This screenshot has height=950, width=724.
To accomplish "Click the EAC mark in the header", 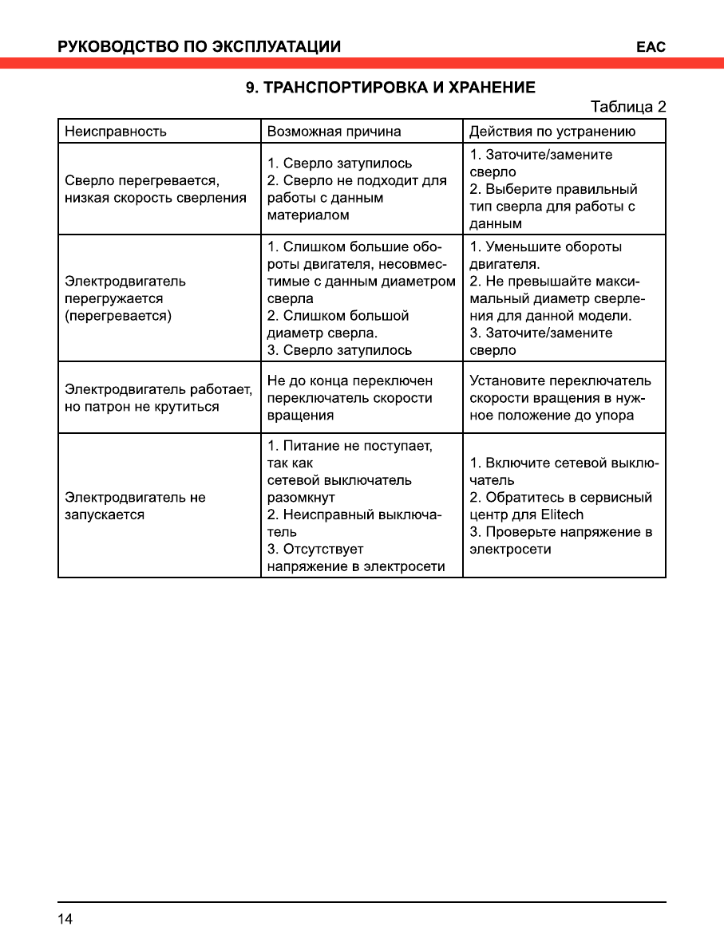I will click(651, 46).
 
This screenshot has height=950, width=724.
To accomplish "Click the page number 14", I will click(65, 920).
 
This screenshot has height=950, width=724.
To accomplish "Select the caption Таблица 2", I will click(627, 107).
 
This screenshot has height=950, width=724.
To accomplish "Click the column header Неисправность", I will click(116, 132).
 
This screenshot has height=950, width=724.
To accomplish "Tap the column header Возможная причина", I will click(334, 132).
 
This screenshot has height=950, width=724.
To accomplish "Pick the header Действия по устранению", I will click(552, 132).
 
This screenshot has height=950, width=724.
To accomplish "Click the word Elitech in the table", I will click(560, 514).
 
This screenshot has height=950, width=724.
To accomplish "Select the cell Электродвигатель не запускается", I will click(135, 506).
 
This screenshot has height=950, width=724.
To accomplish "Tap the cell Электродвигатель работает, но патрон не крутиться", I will click(158, 398).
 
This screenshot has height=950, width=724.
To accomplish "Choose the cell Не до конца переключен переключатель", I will click(350, 398).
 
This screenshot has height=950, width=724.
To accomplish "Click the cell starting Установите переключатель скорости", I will click(560, 398).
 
